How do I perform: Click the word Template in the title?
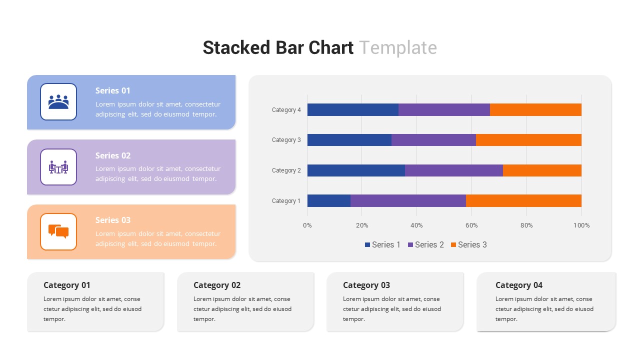click(398, 47)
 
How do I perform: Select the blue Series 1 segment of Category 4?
click(352, 109)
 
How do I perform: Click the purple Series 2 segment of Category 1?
click(408, 200)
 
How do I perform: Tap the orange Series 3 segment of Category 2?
click(542, 170)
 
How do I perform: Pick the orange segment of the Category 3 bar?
click(528, 140)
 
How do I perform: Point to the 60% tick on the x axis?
click(471, 225)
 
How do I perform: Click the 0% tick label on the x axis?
click(307, 225)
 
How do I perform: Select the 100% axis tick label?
click(581, 225)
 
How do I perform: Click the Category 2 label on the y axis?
click(286, 170)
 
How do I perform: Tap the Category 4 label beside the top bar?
click(286, 110)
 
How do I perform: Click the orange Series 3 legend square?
click(453, 244)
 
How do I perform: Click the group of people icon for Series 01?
click(58, 102)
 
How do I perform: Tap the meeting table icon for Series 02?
click(58, 167)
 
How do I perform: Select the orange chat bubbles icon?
click(58, 231)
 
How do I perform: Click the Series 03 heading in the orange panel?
click(113, 220)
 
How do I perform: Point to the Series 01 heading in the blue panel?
click(113, 90)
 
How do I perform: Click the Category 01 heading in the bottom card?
click(67, 285)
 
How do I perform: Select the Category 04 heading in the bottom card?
click(518, 285)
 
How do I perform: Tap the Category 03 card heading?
click(366, 285)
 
